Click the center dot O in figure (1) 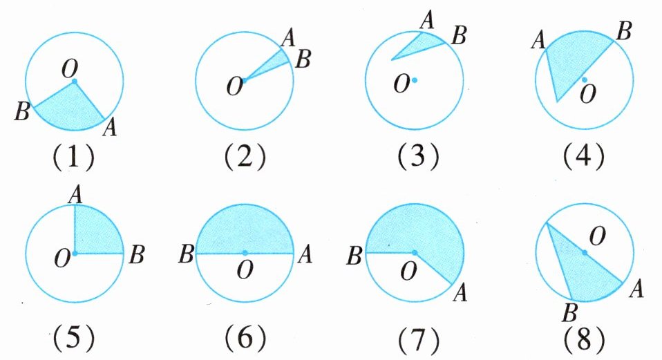tap(74, 82)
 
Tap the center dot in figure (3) tap(415, 80)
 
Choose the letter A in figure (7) tap(460, 295)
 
